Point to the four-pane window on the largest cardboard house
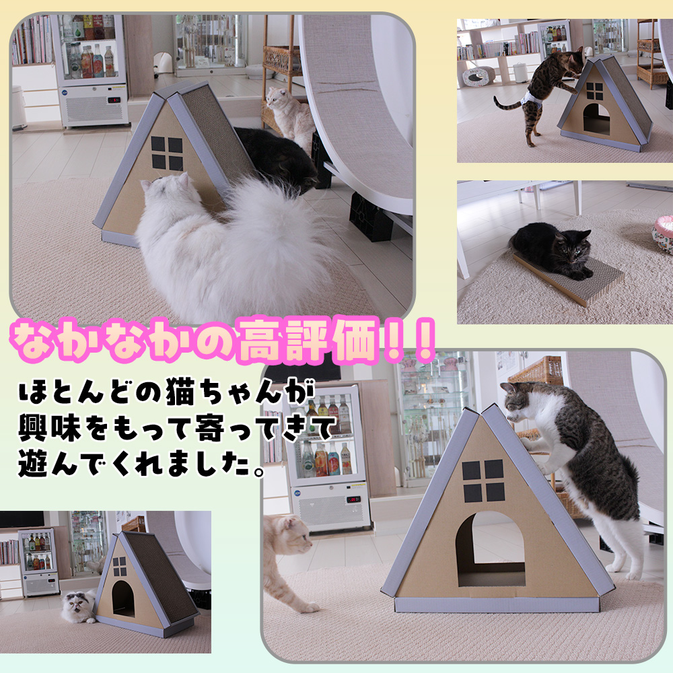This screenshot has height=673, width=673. point(484,481)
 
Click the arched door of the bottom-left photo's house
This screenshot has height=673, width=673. point(123,598)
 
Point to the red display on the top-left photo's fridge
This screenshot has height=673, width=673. point(114,100)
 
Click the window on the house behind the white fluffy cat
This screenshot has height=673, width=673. point(166,153)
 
